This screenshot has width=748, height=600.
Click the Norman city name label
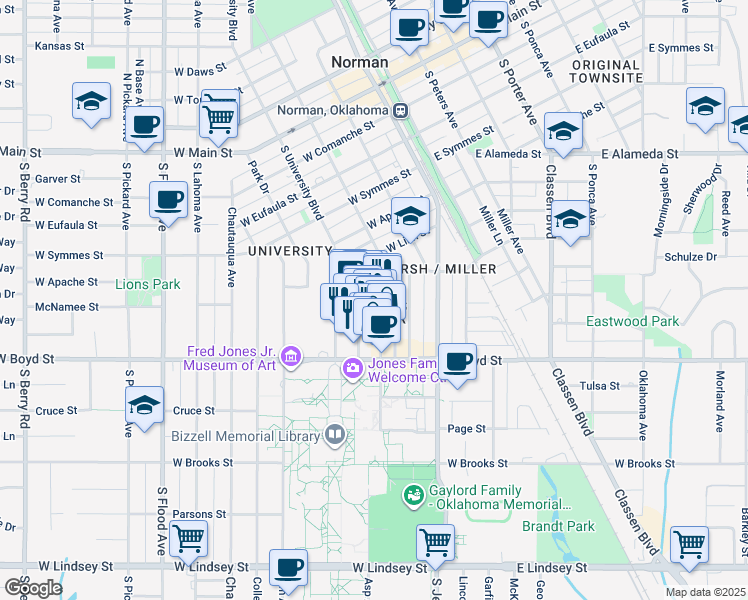pos(359,62)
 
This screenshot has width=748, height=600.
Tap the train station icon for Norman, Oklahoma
pos(400,110)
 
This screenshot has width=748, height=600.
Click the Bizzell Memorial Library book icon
pos(335,435)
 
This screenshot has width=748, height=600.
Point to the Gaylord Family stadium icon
pos(411,495)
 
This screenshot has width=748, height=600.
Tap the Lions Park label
pos(147,284)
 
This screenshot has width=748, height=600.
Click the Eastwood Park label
pos(632,321)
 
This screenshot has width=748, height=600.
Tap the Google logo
pos(32,588)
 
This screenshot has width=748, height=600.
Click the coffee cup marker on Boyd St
pos(457,362)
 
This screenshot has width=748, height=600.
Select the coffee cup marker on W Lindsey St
pos(288,568)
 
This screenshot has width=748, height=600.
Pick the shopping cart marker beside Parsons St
pos(188,538)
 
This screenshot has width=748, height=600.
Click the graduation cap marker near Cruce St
pos(145,406)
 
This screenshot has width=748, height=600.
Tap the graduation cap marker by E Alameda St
pos(562,132)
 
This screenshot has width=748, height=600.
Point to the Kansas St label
pos(57,46)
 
